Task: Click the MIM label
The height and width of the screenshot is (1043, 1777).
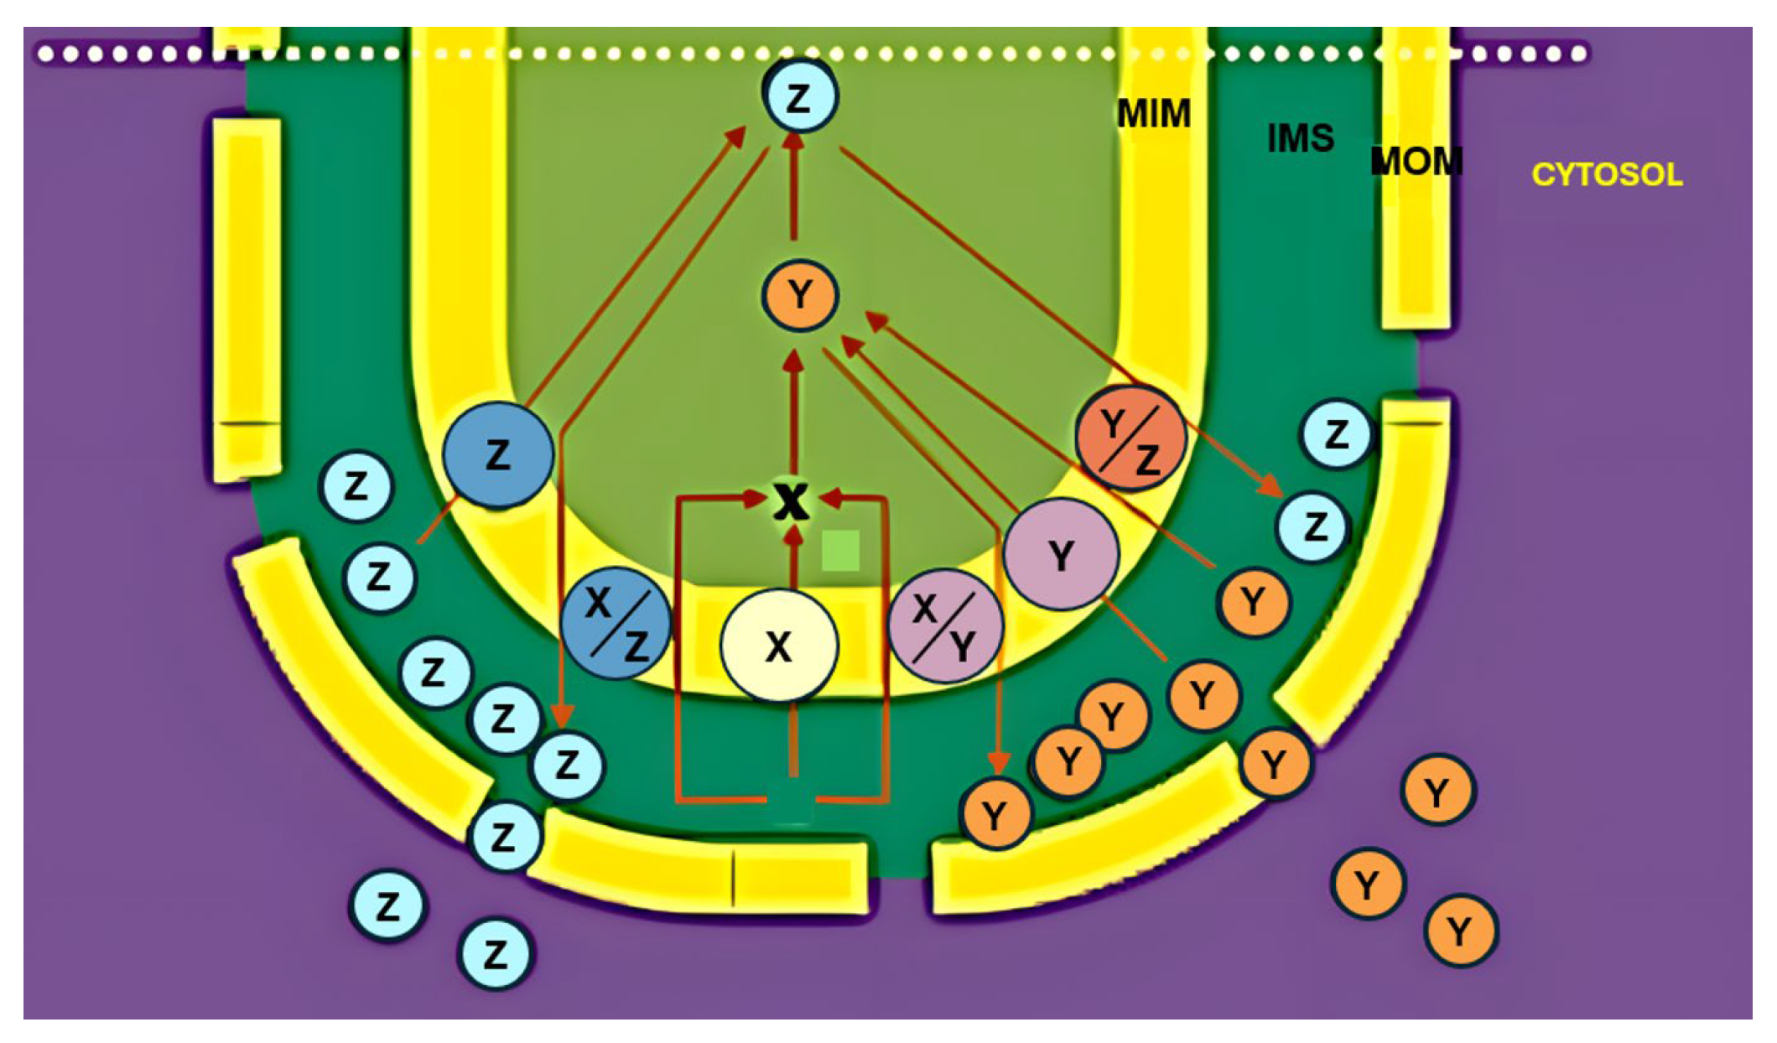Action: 1153,113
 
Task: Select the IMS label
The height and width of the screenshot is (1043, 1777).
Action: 1300,138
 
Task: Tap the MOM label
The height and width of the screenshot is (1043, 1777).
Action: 1416,161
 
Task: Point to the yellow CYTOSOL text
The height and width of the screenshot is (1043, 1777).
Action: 1607,174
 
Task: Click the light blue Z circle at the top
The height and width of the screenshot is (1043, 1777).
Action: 799,97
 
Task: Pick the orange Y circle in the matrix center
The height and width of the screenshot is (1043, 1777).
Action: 799,295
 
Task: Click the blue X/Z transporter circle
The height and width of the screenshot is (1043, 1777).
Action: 616,623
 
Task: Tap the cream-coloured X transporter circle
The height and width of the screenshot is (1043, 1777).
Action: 779,646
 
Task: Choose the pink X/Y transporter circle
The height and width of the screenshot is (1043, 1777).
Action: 945,626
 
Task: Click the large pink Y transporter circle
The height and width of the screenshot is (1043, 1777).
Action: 1061,554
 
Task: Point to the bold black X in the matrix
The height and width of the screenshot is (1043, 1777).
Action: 791,501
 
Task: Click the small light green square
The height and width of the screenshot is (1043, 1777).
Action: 840,551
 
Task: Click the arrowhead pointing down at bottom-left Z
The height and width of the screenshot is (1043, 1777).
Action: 562,715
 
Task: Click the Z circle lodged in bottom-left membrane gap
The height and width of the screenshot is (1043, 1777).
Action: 503,836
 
